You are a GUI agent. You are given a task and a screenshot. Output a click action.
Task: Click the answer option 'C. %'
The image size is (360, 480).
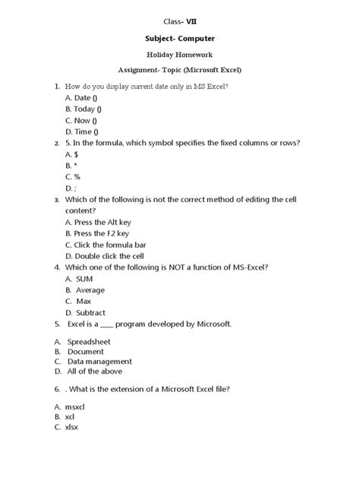tap(74, 176)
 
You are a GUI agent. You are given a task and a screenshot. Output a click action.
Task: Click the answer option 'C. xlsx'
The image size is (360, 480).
tap(66, 427)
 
